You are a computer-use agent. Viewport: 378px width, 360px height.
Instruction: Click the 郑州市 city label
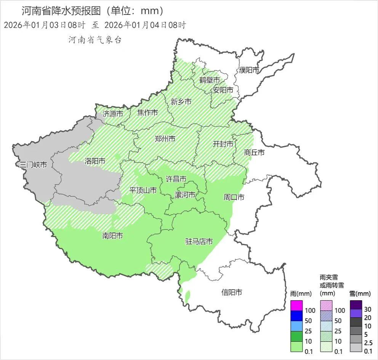(x=165, y=139)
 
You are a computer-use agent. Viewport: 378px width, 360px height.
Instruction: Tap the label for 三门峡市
(x=34, y=165)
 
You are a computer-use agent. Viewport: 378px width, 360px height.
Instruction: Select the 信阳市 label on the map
(x=232, y=292)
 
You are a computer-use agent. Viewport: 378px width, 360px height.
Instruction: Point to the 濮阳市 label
(x=249, y=70)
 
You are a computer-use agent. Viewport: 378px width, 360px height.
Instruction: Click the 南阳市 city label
(x=112, y=236)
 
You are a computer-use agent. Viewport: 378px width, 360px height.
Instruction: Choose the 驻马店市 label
(x=199, y=242)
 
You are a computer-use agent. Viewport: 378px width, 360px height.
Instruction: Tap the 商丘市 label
(x=254, y=153)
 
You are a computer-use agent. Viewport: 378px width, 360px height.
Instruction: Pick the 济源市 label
(x=113, y=114)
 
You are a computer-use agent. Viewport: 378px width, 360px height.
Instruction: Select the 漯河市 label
(x=185, y=195)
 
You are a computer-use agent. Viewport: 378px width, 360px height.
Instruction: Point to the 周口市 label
(x=234, y=197)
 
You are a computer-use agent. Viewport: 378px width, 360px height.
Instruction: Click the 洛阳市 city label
(x=95, y=161)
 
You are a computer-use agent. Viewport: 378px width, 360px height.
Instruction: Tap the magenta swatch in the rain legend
(x=296, y=306)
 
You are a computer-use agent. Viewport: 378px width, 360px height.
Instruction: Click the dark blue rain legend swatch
(x=296, y=316)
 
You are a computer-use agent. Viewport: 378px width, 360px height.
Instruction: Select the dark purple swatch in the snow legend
(x=356, y=305)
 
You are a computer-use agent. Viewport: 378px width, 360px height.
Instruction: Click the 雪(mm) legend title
(x=360, y=294)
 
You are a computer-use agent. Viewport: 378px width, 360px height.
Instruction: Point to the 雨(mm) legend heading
(x=301, y=294)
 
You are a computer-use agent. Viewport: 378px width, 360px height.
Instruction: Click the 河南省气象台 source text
(x=94, y=40)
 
